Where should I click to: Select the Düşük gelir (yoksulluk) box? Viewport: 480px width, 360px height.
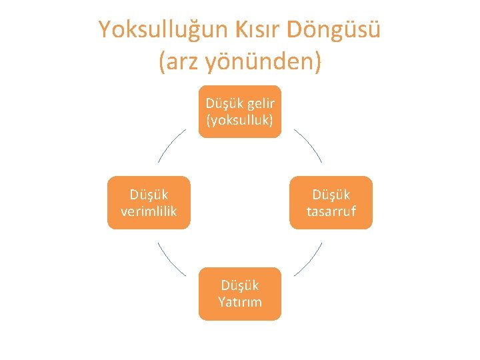[x=240, y=111]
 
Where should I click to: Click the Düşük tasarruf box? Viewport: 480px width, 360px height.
[x=331, y=203]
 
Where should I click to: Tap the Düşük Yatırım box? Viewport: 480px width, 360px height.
[x=240, y=293]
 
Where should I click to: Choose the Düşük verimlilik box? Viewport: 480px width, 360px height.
[x=149, y=203]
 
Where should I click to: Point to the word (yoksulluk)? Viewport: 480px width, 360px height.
[x=240, y=120]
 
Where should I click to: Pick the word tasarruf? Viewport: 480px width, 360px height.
[x=331, y=211]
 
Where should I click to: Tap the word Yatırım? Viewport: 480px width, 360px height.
[x=240, y=302]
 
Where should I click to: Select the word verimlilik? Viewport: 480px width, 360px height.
[x=149, y=211]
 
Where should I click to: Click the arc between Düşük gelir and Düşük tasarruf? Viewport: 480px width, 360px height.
[x=308, y=145]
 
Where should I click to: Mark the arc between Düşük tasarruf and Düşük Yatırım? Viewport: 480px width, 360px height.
[x=309, y=259]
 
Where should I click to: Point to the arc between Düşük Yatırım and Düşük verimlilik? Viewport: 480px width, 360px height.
[x=171, y=259]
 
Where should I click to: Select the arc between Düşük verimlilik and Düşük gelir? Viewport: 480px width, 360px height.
[x=171, y=145]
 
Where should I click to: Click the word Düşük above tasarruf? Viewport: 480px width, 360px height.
[x=331, y=195]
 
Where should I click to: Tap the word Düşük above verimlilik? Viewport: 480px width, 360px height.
[x=149, y=195]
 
